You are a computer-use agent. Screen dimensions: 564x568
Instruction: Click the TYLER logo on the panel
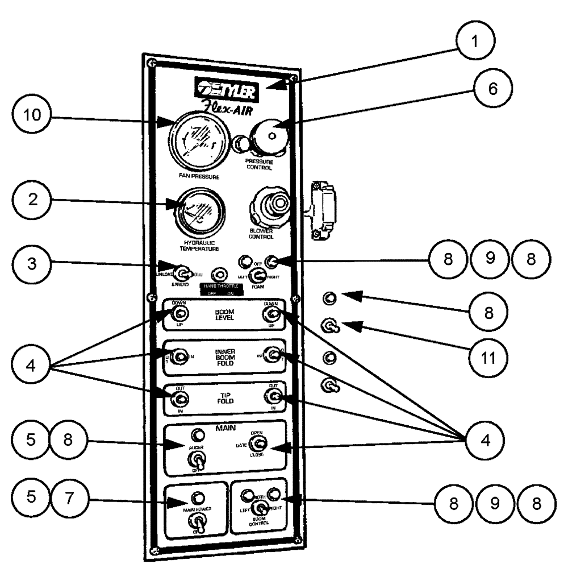(227, 89)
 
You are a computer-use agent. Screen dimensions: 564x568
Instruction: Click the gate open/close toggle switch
(260, 444)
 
